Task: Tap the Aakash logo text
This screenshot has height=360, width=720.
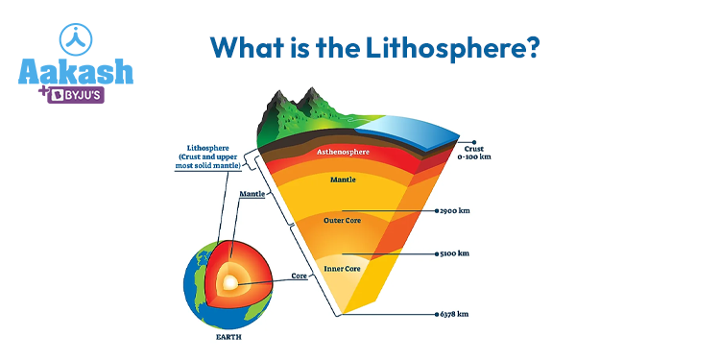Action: pos(76,72)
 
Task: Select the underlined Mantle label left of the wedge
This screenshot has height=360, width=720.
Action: pos(251,195)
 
